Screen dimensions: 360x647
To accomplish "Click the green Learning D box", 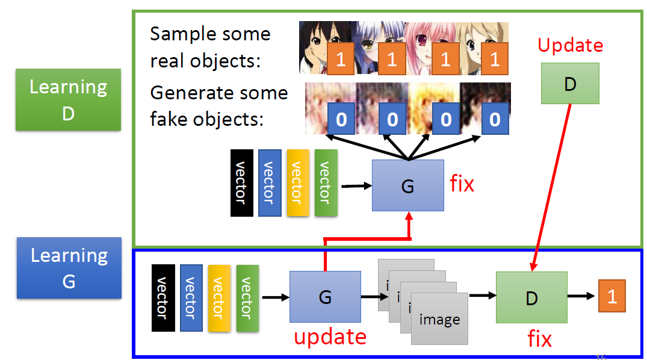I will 68,99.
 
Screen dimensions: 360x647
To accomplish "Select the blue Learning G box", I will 69,267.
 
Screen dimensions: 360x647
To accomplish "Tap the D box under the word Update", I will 570,84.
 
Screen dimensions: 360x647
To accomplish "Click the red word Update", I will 570,45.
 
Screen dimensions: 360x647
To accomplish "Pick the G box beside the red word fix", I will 407,185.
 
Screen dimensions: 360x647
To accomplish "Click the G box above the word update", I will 325,297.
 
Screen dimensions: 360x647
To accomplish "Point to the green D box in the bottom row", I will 531,297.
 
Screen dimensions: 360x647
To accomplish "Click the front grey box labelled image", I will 439,319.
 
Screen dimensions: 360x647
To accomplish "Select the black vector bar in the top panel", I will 242,182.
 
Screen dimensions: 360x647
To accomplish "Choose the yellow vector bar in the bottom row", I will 219,297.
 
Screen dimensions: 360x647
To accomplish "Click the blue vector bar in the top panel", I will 270,182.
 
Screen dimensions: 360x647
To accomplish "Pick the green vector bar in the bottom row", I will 247,297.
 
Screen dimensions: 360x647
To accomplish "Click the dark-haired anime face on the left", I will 319,48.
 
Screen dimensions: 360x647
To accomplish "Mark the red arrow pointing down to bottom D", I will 551,187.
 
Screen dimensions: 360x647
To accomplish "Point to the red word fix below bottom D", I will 539,339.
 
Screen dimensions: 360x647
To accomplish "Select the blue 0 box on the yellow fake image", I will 445,119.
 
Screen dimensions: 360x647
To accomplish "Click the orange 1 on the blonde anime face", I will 494,59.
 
